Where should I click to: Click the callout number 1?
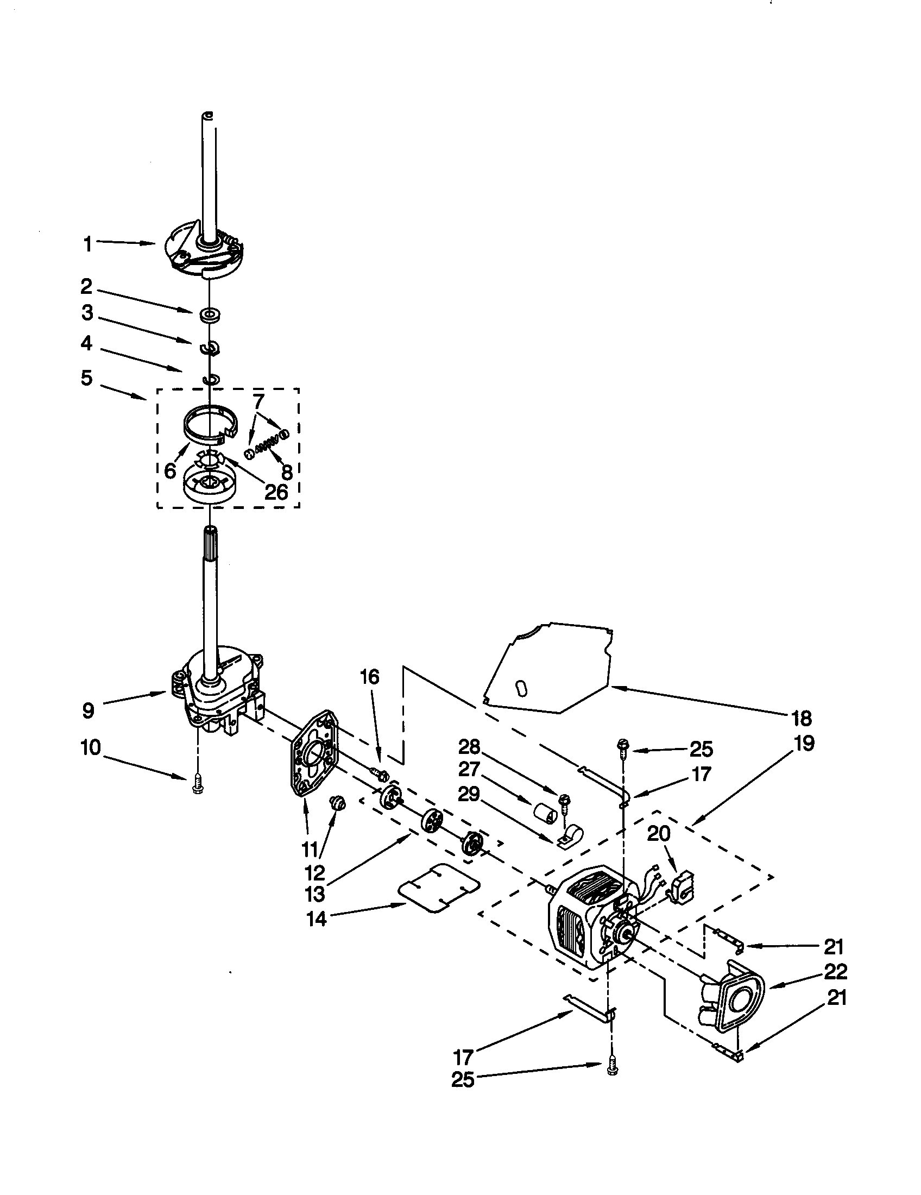tap(87, 244)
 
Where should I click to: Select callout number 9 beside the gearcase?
tap(89, 711)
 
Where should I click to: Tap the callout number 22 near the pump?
tap(835, 971)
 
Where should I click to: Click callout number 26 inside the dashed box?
tap(276, 492)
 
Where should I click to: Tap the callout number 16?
tap(369, 677)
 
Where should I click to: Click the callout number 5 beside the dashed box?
tap(87, 378)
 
